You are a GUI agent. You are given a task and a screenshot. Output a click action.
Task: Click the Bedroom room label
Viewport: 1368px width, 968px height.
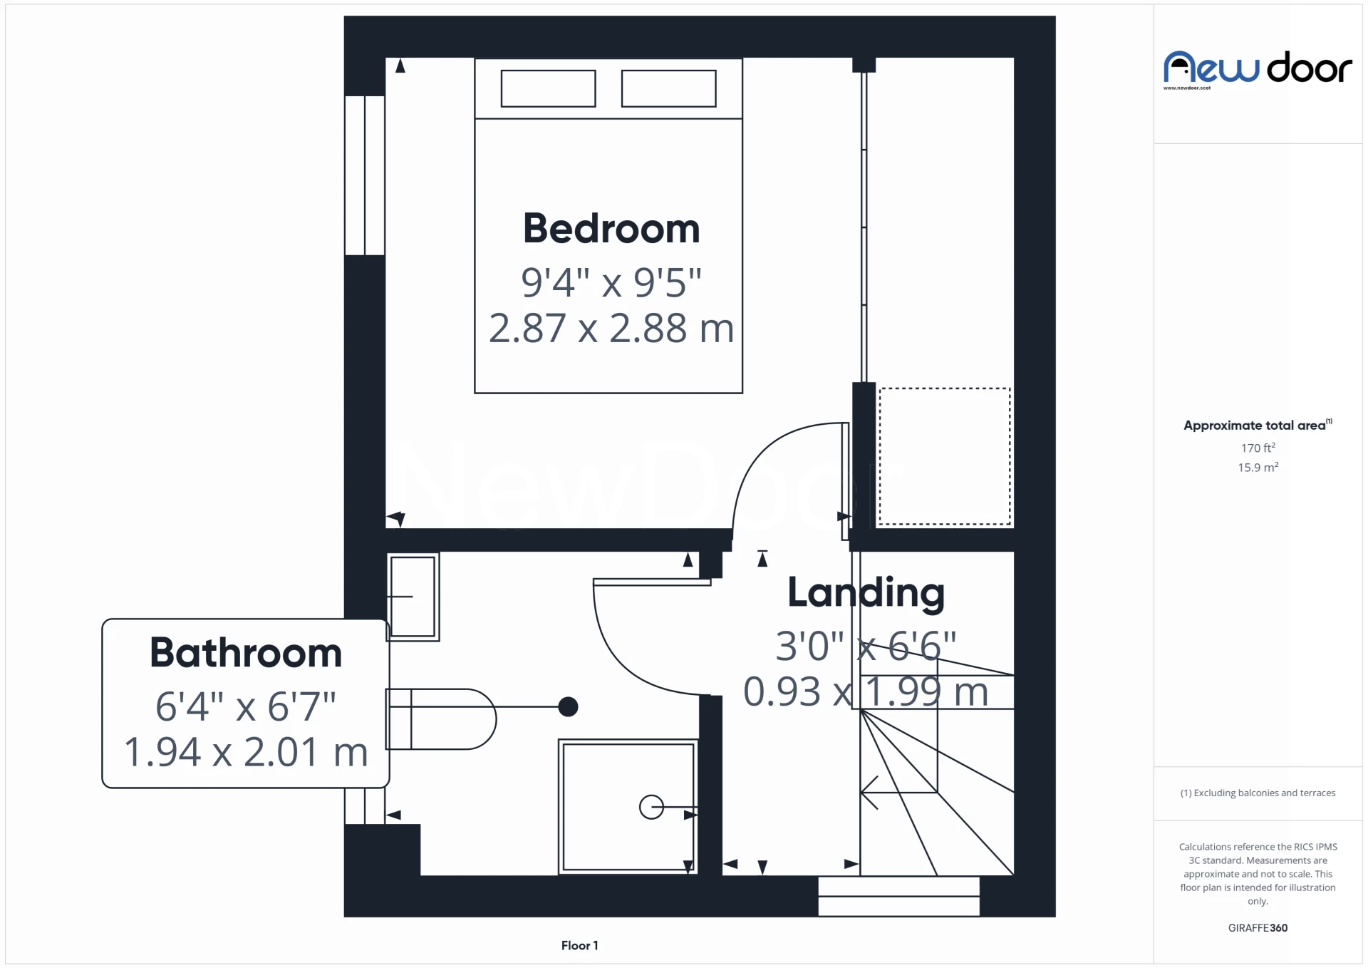[611, 229]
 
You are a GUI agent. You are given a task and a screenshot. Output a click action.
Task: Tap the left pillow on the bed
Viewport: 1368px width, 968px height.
[548, 88]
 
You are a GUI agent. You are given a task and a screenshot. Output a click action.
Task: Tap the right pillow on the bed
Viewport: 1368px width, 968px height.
[668, 88]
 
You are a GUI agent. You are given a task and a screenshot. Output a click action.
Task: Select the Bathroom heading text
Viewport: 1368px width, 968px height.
[246, 653]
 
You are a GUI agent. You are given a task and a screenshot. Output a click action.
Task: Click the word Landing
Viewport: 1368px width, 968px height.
[866, 593]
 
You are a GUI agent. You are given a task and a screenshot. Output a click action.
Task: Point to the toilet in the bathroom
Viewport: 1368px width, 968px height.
[442, 719]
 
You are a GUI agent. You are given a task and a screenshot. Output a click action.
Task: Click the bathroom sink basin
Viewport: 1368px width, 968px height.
[413, 597]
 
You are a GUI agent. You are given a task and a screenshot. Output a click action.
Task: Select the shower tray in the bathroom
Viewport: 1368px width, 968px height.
[628, 807]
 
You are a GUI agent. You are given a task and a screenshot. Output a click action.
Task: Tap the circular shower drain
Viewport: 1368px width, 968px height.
[651, 807]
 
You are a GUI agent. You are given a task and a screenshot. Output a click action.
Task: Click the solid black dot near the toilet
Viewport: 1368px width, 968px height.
[568, 706]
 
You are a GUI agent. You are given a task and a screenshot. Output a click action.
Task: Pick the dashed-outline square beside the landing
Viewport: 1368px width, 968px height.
[944, 456]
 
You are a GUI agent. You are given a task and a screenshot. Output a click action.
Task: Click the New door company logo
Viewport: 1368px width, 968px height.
[1258, 69]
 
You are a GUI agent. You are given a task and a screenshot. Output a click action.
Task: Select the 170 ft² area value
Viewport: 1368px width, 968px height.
[1258, 448]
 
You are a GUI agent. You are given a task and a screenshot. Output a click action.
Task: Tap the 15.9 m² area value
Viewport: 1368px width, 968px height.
[1258, 468]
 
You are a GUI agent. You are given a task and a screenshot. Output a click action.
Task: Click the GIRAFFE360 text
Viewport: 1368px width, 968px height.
[1258, 927]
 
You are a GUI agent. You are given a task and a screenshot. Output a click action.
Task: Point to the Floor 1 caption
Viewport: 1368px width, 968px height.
[579, 945]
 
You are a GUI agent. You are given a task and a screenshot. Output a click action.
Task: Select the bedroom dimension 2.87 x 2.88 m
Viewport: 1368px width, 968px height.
[611, 329]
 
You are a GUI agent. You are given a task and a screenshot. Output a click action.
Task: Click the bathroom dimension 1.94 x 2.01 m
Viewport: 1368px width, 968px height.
[246, 752]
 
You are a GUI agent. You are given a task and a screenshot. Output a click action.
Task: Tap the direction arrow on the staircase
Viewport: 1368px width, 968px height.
[871, 791]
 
